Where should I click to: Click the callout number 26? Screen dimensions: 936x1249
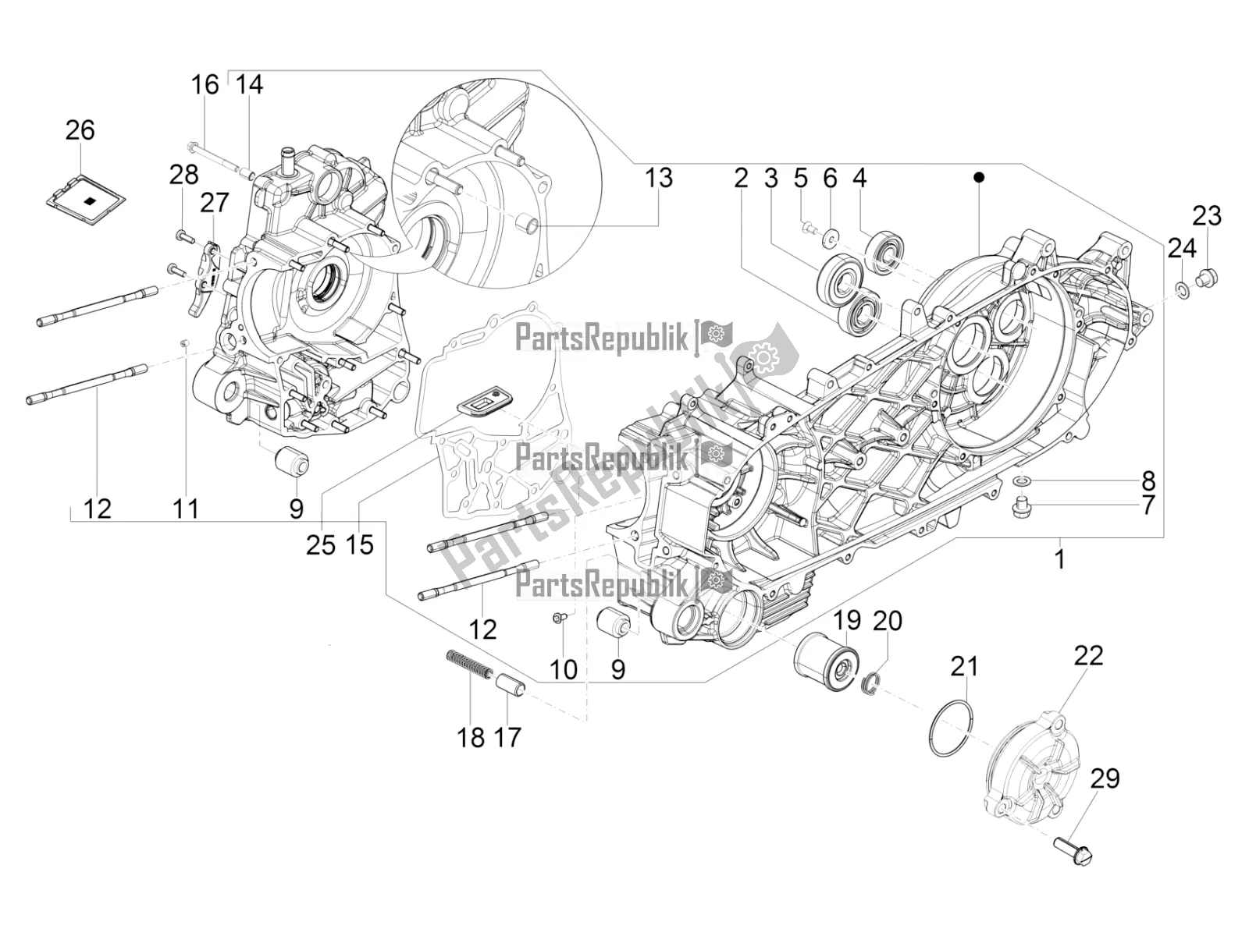(x=80, y=130)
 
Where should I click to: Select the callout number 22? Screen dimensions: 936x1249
(x=1088, y=655)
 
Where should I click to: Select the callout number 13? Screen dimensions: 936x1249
(x=658, y=178)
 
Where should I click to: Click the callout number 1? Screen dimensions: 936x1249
(x=1059, y=558)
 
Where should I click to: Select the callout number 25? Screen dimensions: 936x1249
(x=320, y=544)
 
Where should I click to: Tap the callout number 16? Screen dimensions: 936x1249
(x=205, y=84)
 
